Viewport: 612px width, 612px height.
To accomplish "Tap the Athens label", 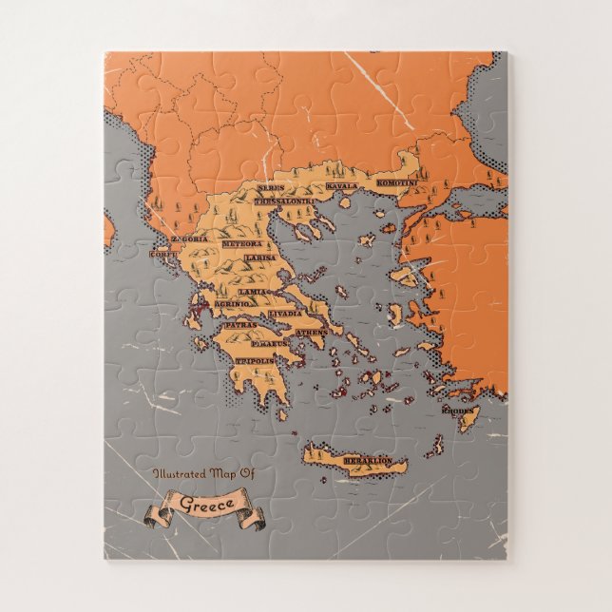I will point(311,332).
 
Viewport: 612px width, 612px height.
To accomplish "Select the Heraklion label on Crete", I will point(367,461).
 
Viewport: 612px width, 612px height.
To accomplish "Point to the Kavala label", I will point(342,186).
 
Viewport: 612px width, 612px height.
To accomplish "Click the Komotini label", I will point(396,182).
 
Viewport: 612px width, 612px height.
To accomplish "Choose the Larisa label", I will point(259,258).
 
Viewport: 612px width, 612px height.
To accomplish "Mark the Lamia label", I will point(252,292).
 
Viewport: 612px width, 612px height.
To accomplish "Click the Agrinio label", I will point(231,303).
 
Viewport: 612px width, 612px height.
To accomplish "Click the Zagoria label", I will point(187,239).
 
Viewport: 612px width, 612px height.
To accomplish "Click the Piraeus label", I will point(272,343).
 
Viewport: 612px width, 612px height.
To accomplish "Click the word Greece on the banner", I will point(201,503).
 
